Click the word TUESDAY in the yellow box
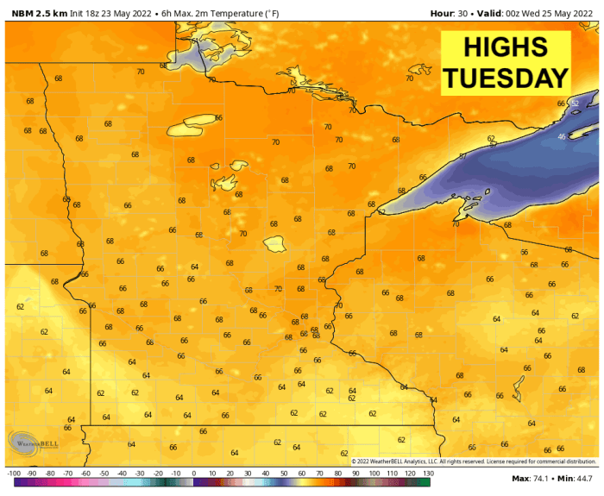[506, 78]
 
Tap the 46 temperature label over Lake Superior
[562, 137]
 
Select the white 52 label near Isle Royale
[575, 104]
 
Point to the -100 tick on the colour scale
[13, 474]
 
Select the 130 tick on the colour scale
[427, 474]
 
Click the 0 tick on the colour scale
[194, 474]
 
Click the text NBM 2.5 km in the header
[39, 12]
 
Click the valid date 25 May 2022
[563, 12]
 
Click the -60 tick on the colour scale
[85, 474]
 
